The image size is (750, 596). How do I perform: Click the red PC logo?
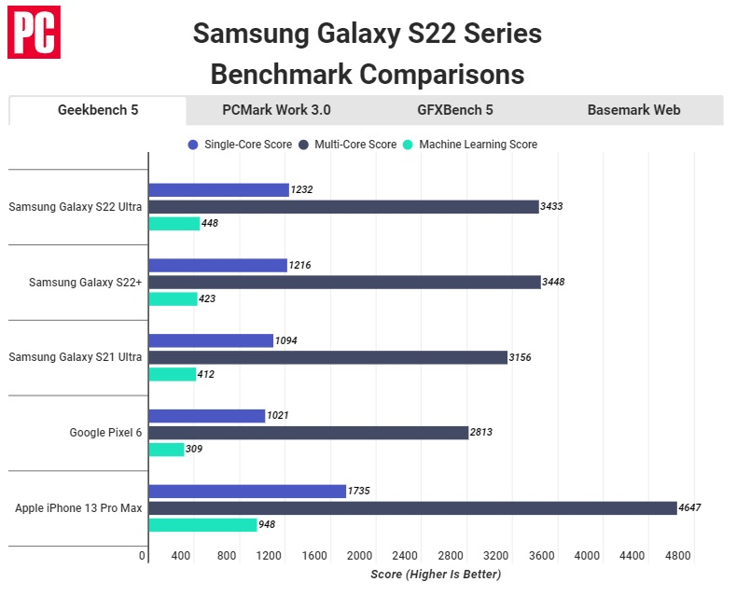pos(35,32)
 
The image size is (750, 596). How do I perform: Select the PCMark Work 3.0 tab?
pos(276,110)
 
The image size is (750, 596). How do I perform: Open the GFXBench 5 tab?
pos(455,110)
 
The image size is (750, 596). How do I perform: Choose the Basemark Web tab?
pos(633,110)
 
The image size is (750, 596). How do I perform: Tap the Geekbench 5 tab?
pos(98,110)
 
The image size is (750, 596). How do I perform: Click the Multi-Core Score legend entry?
pos(352,145)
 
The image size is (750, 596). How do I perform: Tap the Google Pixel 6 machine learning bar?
pos(166,449)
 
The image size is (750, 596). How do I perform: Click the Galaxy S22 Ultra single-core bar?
pos(218,189)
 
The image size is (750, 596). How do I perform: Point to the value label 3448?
pos(555,282)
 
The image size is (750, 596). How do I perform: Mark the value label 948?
pos(267,525)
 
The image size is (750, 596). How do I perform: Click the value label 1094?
pos(288,340)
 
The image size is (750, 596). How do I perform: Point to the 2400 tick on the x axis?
pos(406,556)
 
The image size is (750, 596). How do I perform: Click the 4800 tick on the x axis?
pos(677,556)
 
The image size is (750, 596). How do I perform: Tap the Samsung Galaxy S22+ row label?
pos(85,282)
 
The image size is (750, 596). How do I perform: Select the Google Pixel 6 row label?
pos(105,432)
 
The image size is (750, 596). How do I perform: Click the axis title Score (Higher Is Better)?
pos(436,574)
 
